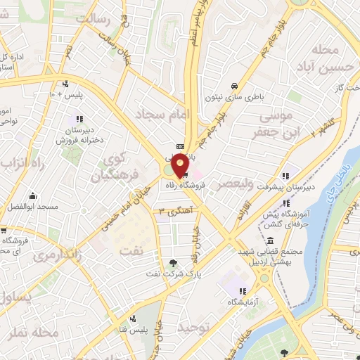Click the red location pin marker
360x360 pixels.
pos(180,165)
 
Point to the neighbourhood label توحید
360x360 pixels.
pos(193,327)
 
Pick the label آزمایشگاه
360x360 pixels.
pos(241,301)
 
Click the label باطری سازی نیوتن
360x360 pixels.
pos(229,99)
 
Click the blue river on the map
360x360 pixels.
pos(320,211)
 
